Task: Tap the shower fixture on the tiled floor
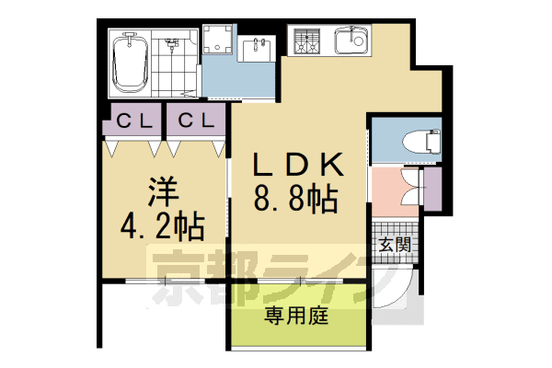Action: click(171, 44)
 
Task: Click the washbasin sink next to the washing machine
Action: click(254, 48)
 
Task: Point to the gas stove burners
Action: click(305, 40)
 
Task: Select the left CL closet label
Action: click(134, 121)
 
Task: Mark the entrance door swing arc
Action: click(396, 290)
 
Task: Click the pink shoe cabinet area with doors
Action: click(396, 189)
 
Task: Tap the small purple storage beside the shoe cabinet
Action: click(430, 189)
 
